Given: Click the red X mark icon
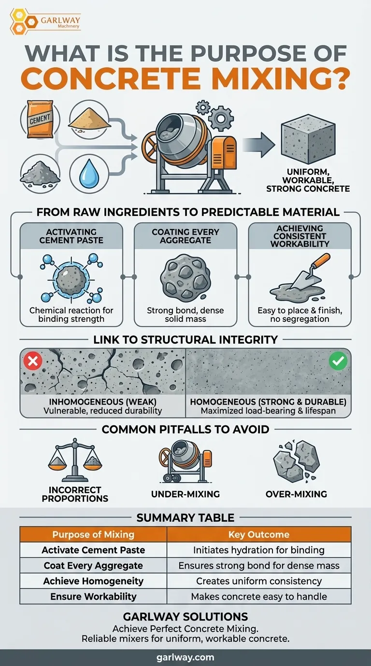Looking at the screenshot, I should [33, 362].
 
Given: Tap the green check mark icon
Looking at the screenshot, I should [338, 361].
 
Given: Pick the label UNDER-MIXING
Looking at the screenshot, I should [185, 494].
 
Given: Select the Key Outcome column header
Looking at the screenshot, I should [258, 534].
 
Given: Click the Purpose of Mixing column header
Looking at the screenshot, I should [93, 534].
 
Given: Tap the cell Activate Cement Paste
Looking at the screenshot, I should [93, 550].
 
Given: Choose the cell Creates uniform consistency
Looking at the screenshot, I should [258, 581].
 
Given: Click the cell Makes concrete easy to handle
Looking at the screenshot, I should [258, 596].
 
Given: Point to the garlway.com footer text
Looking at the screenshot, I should [185, 657].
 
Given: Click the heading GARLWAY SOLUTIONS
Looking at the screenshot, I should [185, 617].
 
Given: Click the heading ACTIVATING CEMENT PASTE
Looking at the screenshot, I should [71, 236].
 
